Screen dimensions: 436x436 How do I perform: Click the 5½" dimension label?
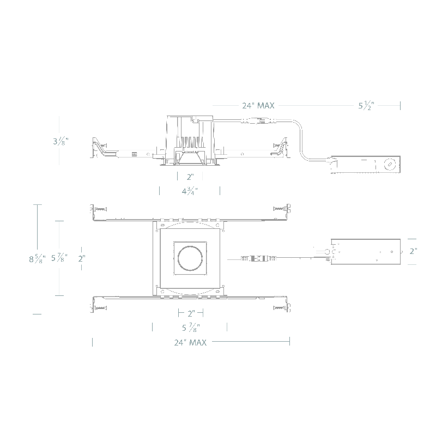[366, 106]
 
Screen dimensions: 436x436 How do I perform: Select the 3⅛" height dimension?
[60, 141]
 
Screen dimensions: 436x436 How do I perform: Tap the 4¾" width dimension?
[190, 191]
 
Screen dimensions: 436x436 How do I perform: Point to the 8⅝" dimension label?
[37, 259]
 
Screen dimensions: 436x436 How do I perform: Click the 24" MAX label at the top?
[258, 106]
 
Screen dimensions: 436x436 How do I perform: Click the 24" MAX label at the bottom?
[190, 343]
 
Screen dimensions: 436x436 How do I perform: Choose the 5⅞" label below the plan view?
[191, 328]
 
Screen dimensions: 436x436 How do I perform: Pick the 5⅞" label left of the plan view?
[59, 258]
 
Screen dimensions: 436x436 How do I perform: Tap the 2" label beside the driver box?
[413, 251]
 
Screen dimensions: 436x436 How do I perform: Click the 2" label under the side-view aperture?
[190, 177]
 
